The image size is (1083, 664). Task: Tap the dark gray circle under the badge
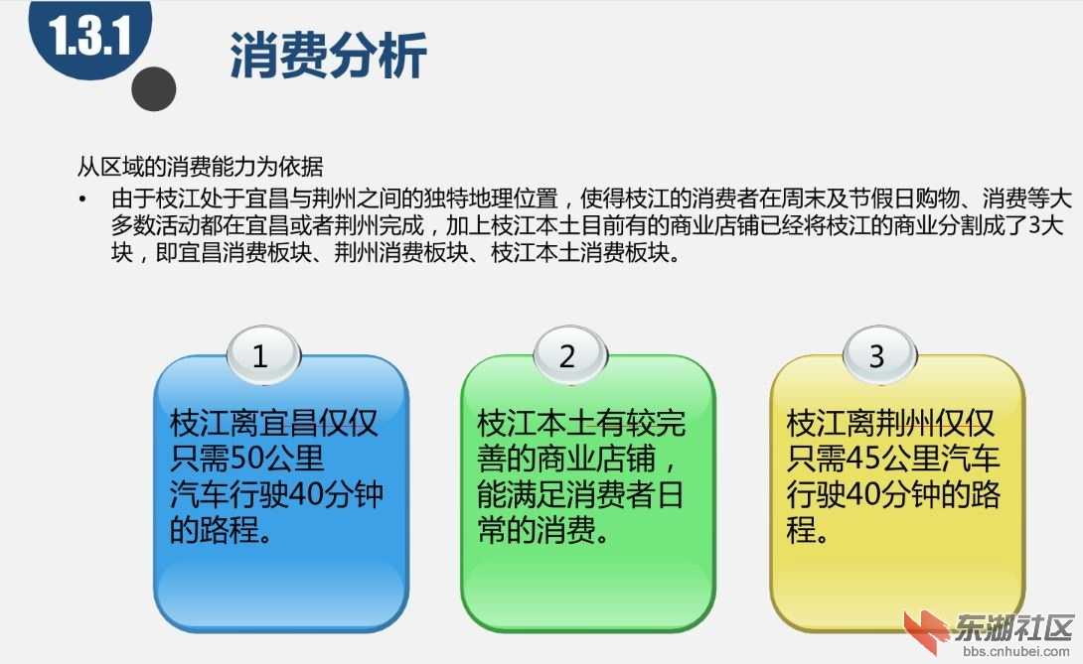(x=154, y=88)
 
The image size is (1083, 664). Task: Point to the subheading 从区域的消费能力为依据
(x=200, y=167)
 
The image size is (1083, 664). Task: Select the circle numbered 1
(x=260, y=355)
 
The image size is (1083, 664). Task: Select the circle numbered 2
(x=567, y=355)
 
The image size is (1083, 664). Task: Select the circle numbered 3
(x=875, y=355)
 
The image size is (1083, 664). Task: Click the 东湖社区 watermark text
(x=1013, y=627)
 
